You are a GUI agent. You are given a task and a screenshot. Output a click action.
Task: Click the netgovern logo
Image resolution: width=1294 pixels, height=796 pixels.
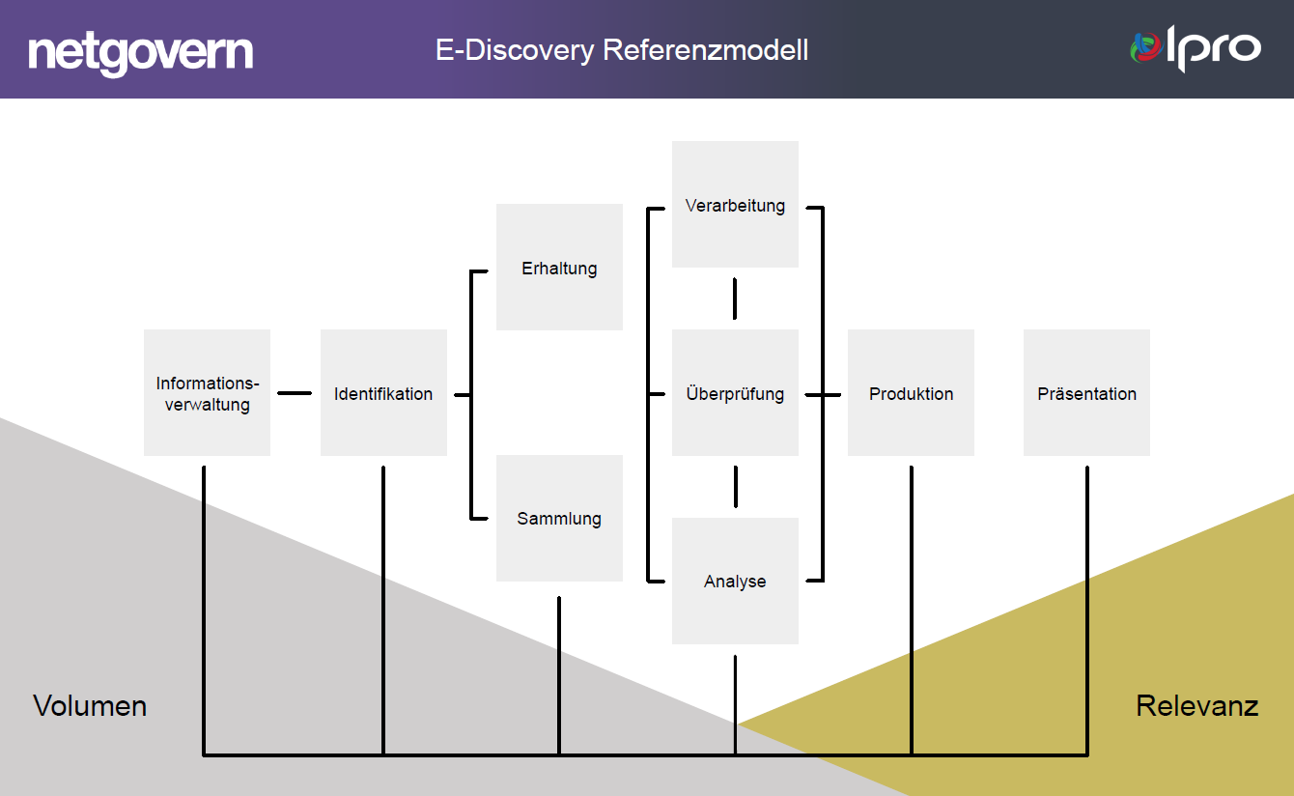click(x=141, y=52)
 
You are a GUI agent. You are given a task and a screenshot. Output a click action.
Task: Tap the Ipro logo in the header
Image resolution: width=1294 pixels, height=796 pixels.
click(x=1196, y=48)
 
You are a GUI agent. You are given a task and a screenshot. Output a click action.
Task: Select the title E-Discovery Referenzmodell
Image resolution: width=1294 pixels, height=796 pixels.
click(x=622, y=50)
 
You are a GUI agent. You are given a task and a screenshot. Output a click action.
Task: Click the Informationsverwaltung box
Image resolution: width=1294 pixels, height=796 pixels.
click(x=207, y=393)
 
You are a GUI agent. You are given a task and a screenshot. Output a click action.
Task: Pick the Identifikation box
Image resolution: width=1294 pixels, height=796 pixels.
click(x=383, y=393)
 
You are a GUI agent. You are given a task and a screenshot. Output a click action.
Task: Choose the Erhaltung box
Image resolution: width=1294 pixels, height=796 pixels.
click(x=559, y=268)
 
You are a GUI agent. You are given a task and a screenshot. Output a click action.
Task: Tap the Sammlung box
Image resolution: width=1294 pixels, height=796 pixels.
click(x=559, y=519)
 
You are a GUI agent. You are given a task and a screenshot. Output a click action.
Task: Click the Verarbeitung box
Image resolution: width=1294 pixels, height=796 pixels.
click(x=735, y=205)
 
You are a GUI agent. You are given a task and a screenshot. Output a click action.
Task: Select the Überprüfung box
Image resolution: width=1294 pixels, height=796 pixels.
click(x=735, y=393)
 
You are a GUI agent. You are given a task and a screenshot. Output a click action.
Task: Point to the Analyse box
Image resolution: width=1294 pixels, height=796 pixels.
click(x=735, y=582)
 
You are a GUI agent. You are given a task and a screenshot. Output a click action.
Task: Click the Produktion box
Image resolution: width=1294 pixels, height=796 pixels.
click(x=911, y=393)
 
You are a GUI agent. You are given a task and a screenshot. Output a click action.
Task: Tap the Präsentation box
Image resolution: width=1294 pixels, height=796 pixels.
click(x=1086, y=393)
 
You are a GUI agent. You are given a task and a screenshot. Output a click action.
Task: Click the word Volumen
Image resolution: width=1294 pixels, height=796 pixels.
click(x=90, y=706)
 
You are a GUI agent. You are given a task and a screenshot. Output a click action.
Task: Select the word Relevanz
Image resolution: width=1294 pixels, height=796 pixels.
click(x=1196, y=706)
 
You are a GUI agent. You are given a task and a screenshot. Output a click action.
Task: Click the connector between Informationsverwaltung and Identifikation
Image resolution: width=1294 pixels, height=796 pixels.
click(x=295, y=393)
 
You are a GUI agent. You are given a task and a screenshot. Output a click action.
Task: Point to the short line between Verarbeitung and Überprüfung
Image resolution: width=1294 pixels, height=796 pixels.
click(x=735, y=298)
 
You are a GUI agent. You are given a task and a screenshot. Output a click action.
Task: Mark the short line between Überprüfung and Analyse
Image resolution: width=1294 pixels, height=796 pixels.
click(x=735, y=487)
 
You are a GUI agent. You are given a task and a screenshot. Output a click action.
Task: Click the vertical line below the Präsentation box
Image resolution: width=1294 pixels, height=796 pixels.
click(x=1087, y=609)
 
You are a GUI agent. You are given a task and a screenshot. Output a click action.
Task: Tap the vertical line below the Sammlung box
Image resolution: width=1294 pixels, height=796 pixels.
click(x=559, y=676)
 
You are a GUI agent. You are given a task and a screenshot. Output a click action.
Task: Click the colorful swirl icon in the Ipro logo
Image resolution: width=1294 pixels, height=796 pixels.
click(x=1146, y=47)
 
